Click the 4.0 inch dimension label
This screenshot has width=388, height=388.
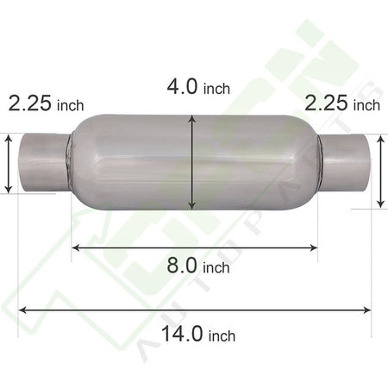coord(198,87)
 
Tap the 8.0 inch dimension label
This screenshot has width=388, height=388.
coord(198,266)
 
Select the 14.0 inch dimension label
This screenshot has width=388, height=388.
coord(198,334)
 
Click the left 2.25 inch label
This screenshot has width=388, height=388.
coord(46,103)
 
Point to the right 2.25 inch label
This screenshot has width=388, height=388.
coord(342,103)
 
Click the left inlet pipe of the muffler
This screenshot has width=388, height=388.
coord(44,162)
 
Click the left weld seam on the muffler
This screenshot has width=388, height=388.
coord(70,162)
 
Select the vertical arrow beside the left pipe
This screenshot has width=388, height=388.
coord(9,164)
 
